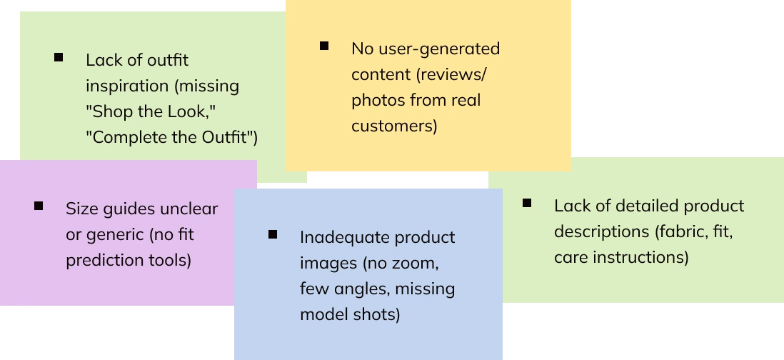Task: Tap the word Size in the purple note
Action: click(x=81, y=209)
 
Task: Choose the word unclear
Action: click(x=188, y=209)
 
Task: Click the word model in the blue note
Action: click(x=322, y=314)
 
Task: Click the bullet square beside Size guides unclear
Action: click(x=39, y=206)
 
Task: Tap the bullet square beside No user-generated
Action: click(x=324, y=46)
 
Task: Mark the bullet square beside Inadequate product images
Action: click(x=273, y=234)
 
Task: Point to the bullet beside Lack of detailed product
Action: click(x=527, y=203)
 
